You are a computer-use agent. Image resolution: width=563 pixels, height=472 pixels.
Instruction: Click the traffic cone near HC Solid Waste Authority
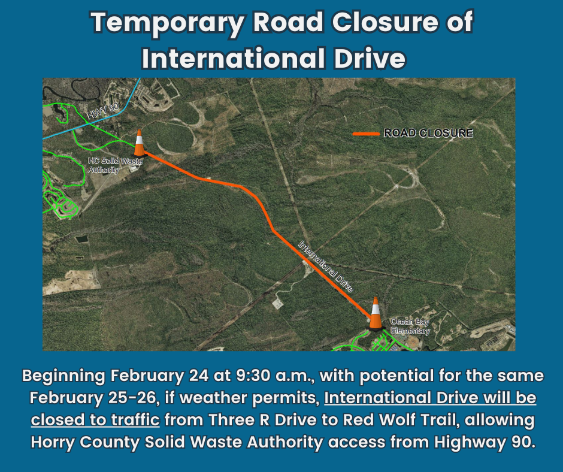[139, 144]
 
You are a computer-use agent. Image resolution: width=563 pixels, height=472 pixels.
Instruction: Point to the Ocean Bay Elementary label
[410, 326]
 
